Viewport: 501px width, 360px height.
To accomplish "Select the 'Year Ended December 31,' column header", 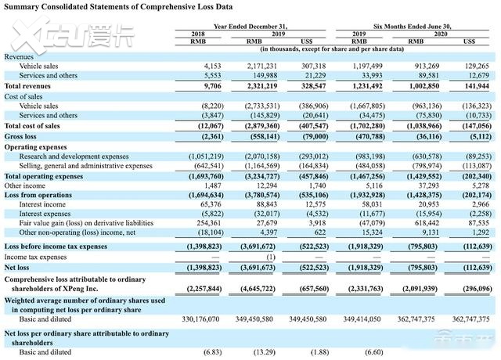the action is point(250,27).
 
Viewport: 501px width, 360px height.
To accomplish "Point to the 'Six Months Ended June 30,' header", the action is point(413,27).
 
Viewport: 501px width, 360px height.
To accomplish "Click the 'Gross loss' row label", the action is point(20,136).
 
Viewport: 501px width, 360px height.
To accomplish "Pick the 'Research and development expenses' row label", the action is point(74,157).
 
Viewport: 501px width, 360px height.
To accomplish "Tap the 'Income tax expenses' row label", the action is point(35,257).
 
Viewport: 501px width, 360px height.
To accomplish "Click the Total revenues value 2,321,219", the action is point(262,86).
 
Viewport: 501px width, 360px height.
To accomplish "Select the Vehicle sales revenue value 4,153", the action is point(212,66).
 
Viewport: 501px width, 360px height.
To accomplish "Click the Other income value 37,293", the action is point(429,185).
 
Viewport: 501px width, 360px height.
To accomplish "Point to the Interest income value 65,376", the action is point(211,204).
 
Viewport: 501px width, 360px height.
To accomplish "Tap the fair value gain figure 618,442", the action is point(427,222).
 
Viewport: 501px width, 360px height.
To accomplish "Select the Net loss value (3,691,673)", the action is point(258,268).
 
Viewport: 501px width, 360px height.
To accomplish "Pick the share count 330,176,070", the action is point(200,319).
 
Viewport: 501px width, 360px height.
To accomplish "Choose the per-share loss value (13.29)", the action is point(265,352).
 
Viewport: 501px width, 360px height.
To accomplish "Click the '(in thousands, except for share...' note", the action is point(332,49).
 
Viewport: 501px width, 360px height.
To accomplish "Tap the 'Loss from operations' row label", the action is point(38,195).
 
